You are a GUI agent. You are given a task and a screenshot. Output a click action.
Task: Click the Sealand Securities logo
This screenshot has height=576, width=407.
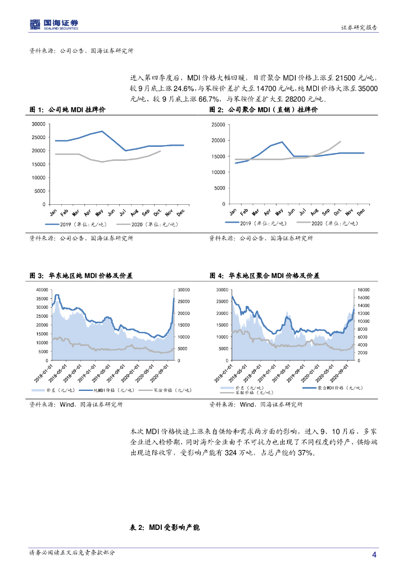point(54,24)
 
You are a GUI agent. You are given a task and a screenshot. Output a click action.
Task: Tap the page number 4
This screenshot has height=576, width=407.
point(374,554)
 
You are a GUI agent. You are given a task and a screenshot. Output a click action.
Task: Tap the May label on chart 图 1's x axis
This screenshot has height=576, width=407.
point(100,213)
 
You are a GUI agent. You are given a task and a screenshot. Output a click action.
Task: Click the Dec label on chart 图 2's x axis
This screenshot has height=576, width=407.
point(360,212)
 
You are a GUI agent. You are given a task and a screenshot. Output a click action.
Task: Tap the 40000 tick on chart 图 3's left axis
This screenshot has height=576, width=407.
point(42,289)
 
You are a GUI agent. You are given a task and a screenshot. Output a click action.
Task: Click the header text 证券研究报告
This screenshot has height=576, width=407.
point(359,28)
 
